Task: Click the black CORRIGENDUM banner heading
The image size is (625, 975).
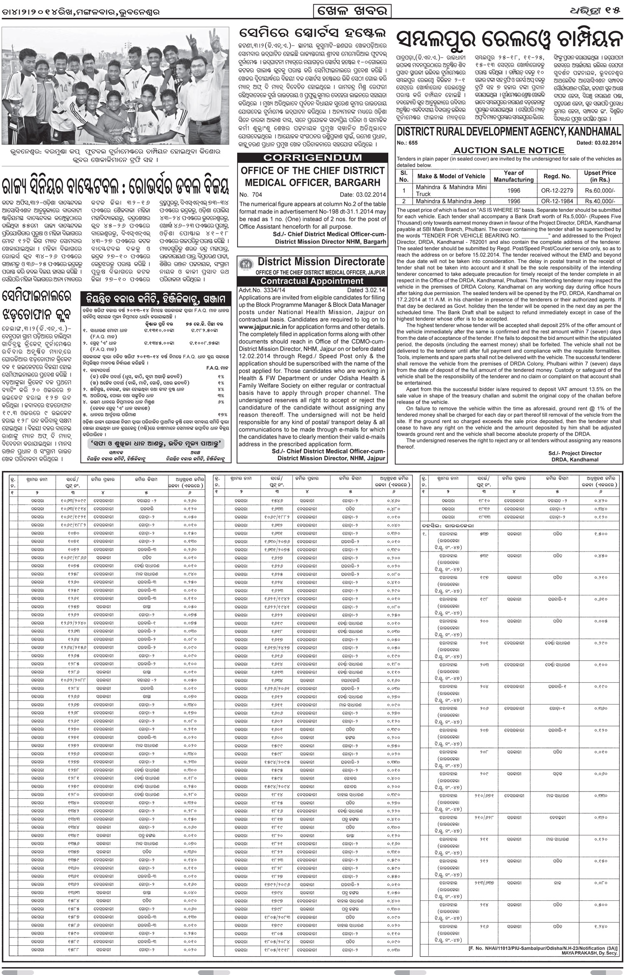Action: pyautogui.click(x=312, y=158)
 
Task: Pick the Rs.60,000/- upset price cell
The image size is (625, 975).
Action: pyautogui.click(x=600, y=190)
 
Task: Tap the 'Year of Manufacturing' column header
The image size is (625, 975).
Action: pyautogui.click(x=513, y=176)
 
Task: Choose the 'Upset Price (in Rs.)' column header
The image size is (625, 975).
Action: pyautogui.click(x=600, y=176)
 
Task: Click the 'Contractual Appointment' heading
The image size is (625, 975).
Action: pyautogui.click(x=312, y=281)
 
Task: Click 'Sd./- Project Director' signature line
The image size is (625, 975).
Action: pyautogui.click(x=575, y=453)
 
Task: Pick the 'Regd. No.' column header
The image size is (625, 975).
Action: pyautogui.click(x=557, y=176)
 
